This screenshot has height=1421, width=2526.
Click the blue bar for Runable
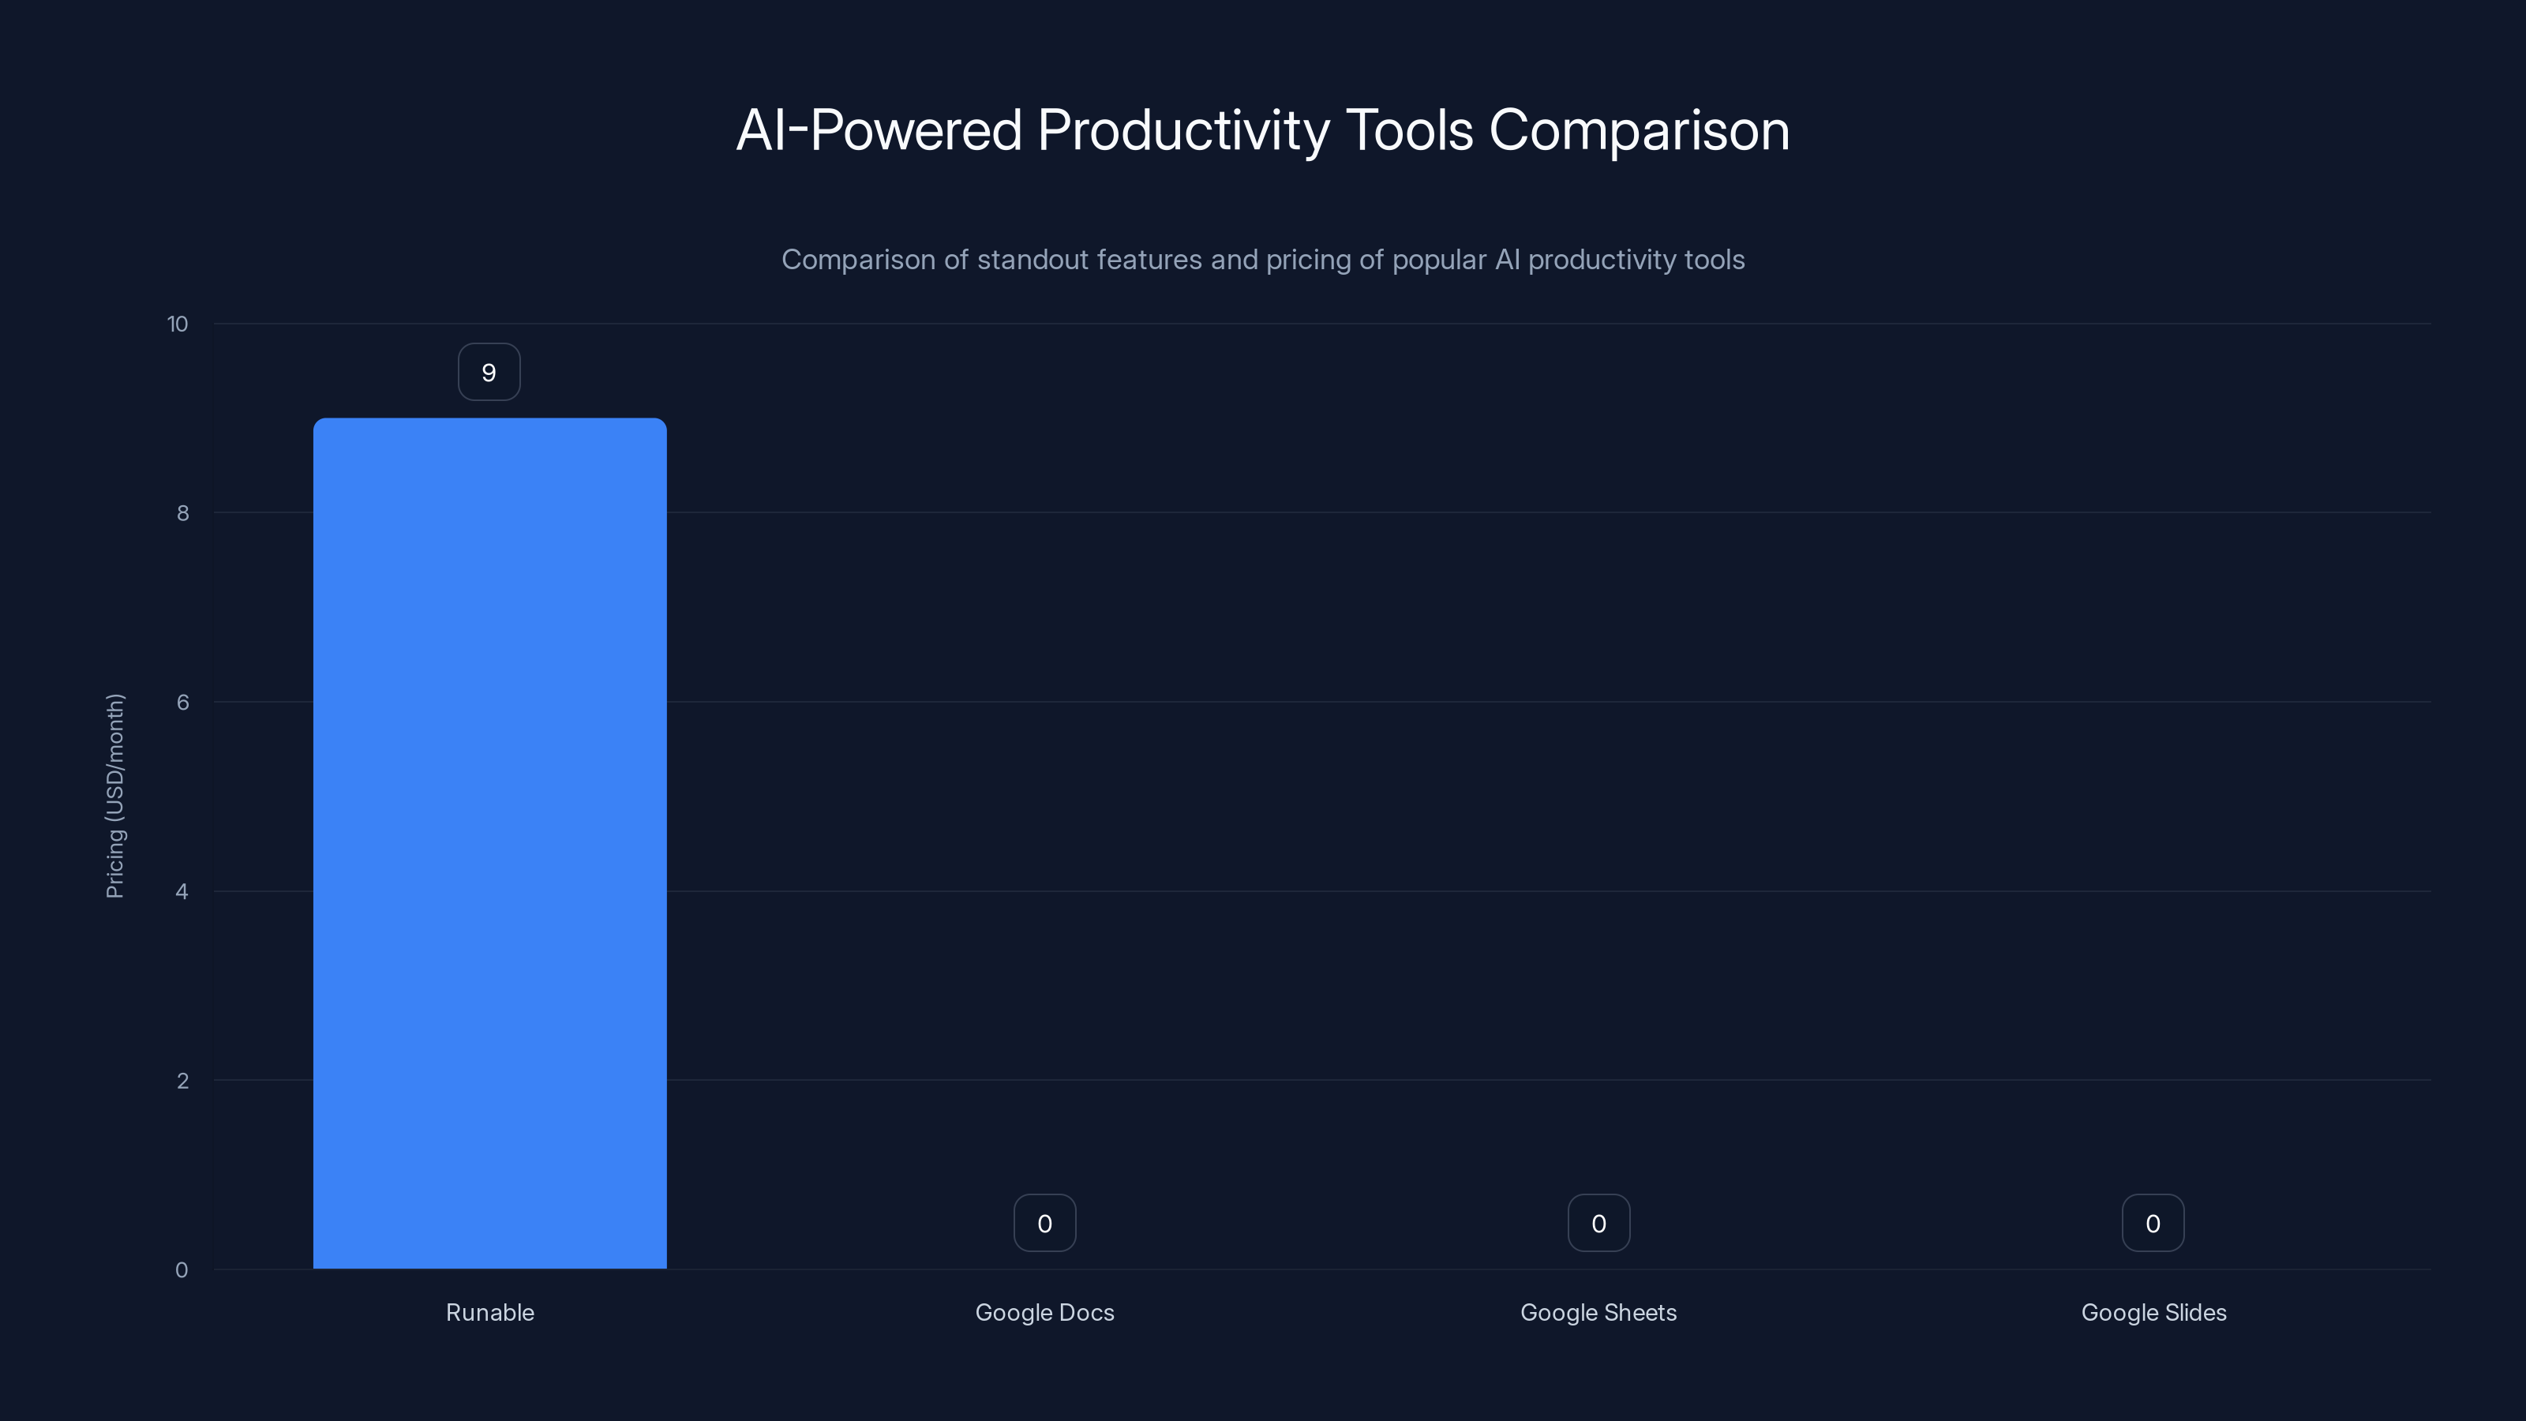489,843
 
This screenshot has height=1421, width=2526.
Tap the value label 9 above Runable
489,373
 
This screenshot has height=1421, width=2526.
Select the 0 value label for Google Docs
1044,1224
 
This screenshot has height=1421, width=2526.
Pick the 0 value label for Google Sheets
1598,1224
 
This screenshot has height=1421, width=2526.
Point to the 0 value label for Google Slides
2153,1224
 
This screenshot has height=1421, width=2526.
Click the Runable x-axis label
489,1313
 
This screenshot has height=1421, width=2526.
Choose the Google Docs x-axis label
1044,1313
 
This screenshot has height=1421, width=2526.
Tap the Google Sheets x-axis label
1598,1313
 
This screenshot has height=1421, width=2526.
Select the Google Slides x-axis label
2153,1313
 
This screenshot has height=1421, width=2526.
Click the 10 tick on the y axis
178,324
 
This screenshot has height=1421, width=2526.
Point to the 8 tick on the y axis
182,514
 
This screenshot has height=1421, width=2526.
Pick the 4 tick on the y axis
182,892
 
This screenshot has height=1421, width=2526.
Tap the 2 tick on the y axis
182,1082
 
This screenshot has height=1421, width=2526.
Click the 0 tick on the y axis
182,1271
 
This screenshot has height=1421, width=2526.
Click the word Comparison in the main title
1639,130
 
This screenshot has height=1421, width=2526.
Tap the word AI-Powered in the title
879,130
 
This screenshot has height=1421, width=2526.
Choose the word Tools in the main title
1409,130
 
